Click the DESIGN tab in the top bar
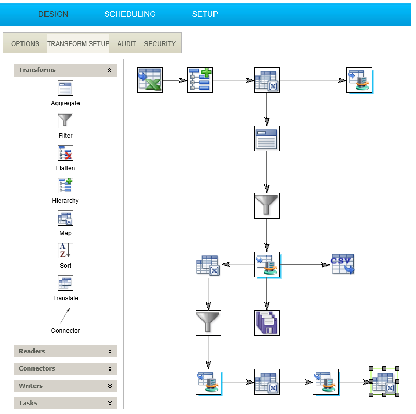pyautogui.click(x=53, y=14)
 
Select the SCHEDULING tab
pyautogui.click(x=130, y=14)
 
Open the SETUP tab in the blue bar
pyautogui.click(x=205, y=14)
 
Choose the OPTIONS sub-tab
pyautogui.click(x=25, y=44)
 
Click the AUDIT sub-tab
pyautogui.click(x=127, y=44)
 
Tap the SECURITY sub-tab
pyautogui.click(x=160, y=44)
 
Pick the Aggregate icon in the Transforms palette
pyautogui.click(x=65, y=88)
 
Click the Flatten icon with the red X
pyautogui.click(x=65, y=153)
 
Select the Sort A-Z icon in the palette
pyautogui.click(x=65, y=250)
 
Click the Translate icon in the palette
pyautogui.click(x=65, y=283)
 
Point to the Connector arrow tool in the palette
pyautogui.click(x=65, y=315)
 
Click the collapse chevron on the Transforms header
pyautogui.click(x=109, y=70)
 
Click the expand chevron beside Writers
pyautogui.click(x=110, y=386)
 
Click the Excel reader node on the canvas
pyautogui.click(x=150, y=80)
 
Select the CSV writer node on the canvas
pyautogui.click(x=343, y=265)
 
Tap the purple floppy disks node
pyautogui.click(x=267, y=323)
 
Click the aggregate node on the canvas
pyautogui.click(x=267, y=139)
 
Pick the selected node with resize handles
pyautogui.click(x=384, y=382)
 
